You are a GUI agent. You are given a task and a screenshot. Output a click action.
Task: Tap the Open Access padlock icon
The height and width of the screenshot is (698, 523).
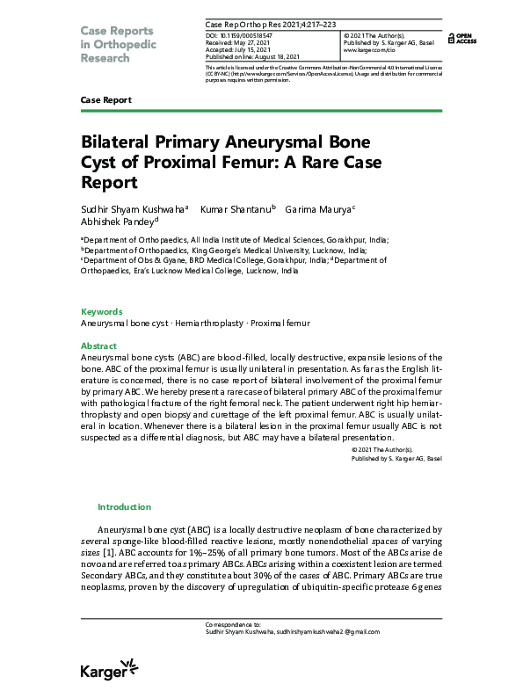[452, 38]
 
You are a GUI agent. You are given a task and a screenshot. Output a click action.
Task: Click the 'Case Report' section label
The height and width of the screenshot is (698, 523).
[105, 100]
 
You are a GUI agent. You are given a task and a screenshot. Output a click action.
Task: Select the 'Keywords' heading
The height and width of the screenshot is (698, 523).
[102, 312]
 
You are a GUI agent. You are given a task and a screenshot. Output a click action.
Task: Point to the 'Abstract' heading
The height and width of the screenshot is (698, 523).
[99, 346]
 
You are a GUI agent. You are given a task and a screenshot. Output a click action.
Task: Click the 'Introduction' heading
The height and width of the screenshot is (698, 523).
[124, 507]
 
